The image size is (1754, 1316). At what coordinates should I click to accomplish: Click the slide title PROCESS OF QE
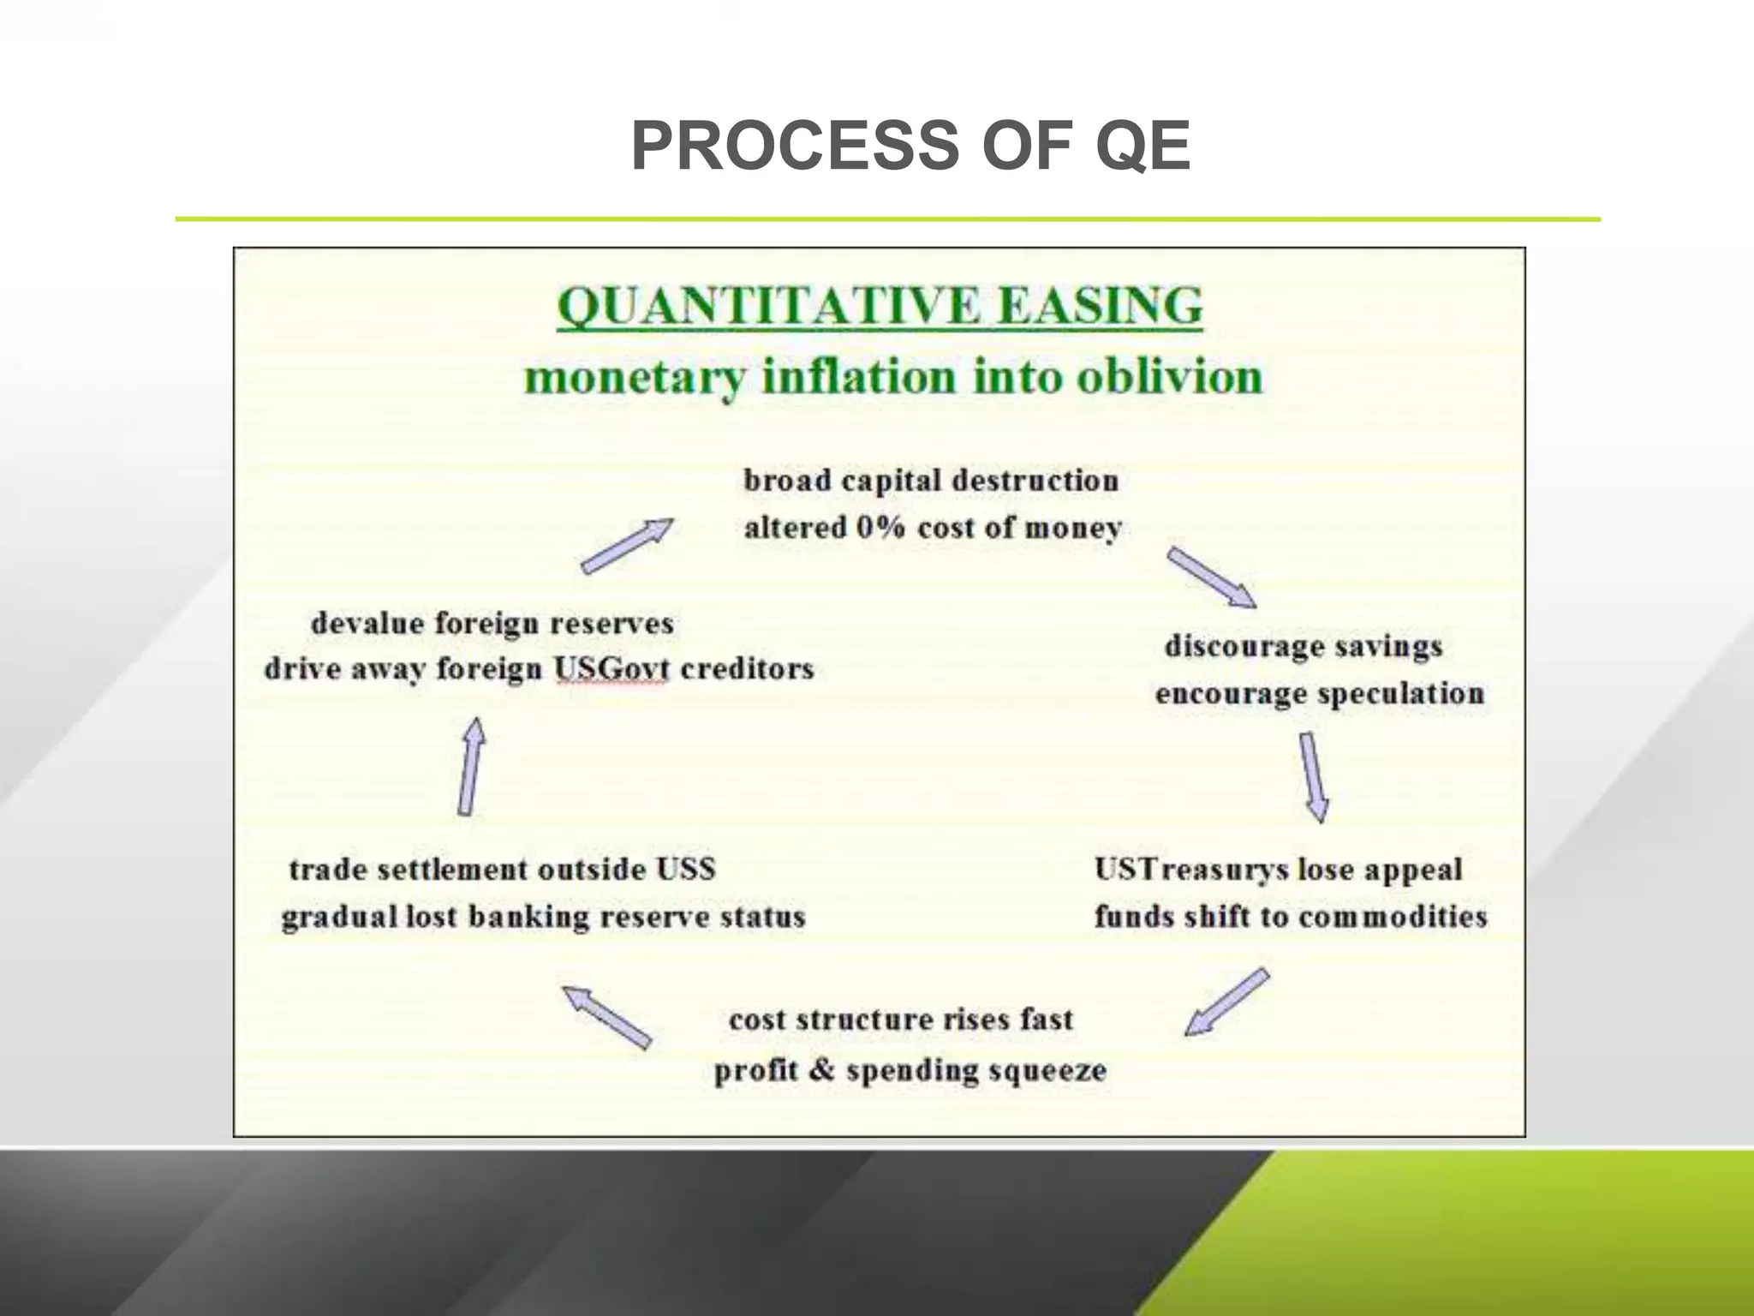pos(910,146)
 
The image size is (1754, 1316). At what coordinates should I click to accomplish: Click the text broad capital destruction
pos(931,481)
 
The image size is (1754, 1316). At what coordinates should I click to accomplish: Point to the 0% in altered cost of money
pos(880,527)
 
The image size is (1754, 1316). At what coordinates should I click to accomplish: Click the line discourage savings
pos(1303,646)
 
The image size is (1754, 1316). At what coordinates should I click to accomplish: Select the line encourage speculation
pos(1319,693)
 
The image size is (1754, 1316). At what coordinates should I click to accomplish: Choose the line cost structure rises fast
pos(900,1020)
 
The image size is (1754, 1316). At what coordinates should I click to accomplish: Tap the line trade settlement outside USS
pos(502,870)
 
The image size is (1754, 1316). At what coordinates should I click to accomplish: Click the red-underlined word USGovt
pos(611,669)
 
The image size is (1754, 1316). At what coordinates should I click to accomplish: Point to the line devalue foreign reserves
pos(492,623)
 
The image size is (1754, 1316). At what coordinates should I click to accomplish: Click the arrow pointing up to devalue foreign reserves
pos(471,767)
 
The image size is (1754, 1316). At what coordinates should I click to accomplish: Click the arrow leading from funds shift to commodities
pos(1226,1002)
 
